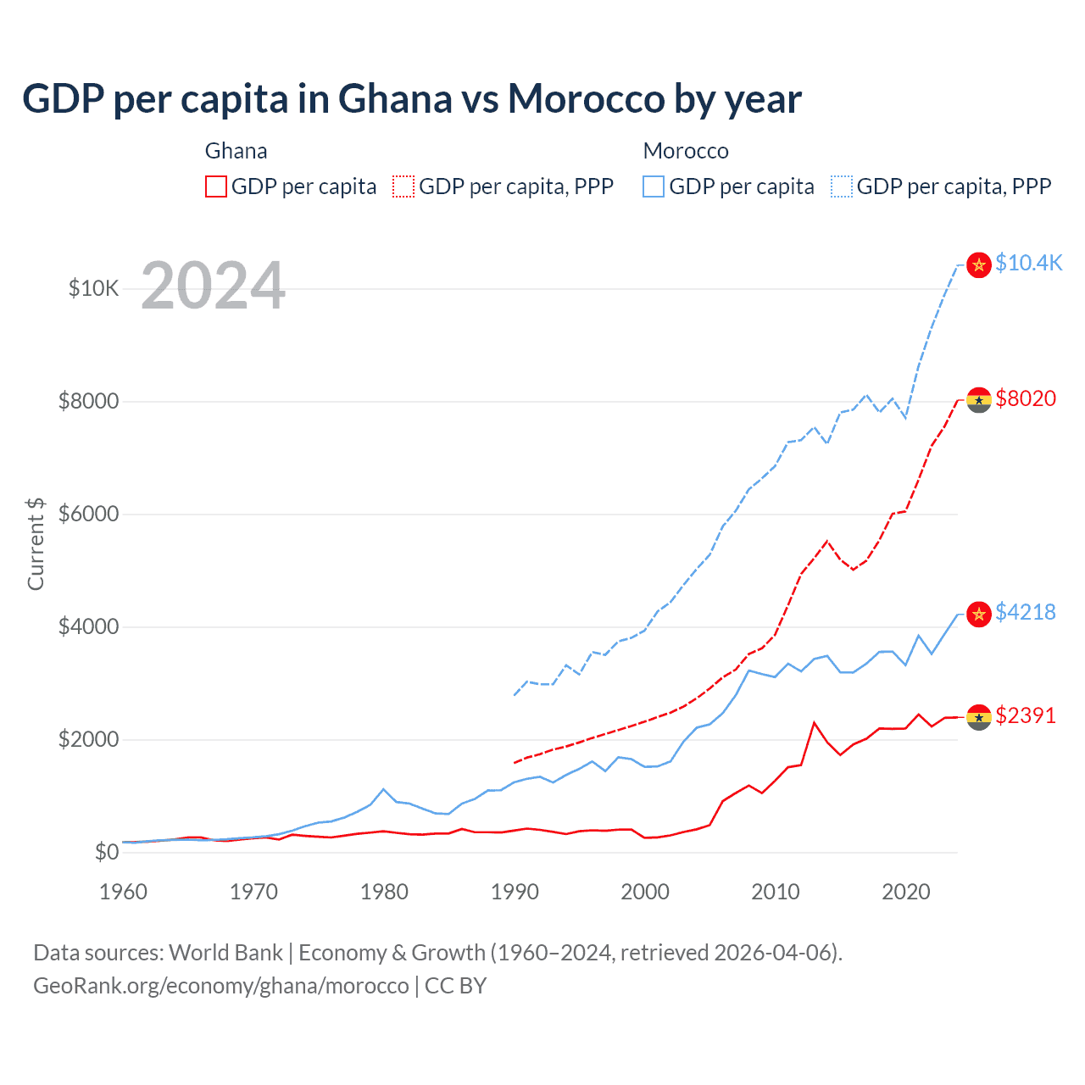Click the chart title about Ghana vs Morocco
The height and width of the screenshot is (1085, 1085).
tap(411, 99)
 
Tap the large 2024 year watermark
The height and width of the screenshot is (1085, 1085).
tap(213, 286)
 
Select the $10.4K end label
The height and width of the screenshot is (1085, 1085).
tap(1028, 263)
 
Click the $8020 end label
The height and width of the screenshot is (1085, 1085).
tap(1026, 398)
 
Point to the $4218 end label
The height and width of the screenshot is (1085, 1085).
tap(1026, 612)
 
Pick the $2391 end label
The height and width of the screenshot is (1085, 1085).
tap(1026, 715)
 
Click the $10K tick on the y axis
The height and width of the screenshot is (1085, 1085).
tap(94, 288)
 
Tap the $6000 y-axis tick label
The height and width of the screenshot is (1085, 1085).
tap(88, 514)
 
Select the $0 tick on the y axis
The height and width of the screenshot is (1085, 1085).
tap(106, 852)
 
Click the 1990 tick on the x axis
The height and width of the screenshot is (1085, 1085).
tap(515, 892)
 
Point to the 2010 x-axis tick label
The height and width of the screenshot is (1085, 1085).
tap(776, 892)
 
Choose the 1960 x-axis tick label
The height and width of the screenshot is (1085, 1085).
tap(124, 892)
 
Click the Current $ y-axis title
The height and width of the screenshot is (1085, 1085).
tap(36, 543)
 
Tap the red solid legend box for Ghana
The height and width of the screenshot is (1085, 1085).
tap(216, 186)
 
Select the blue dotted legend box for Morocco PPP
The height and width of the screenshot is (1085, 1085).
tap(842, 186)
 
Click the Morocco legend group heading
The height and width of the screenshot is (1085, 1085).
tap(686, 151)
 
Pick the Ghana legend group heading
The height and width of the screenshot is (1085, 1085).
tap(236, 151)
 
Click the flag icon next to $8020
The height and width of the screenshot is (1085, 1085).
tap(979, 400)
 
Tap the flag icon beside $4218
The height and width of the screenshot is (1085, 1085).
tap(979, 614)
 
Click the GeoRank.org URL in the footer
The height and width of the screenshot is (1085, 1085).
tap(221, 986)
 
